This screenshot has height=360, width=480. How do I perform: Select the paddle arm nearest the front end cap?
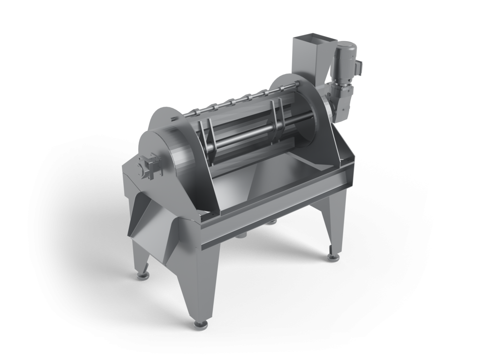point(207,141)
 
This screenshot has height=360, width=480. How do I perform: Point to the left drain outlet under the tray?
point(241,234)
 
